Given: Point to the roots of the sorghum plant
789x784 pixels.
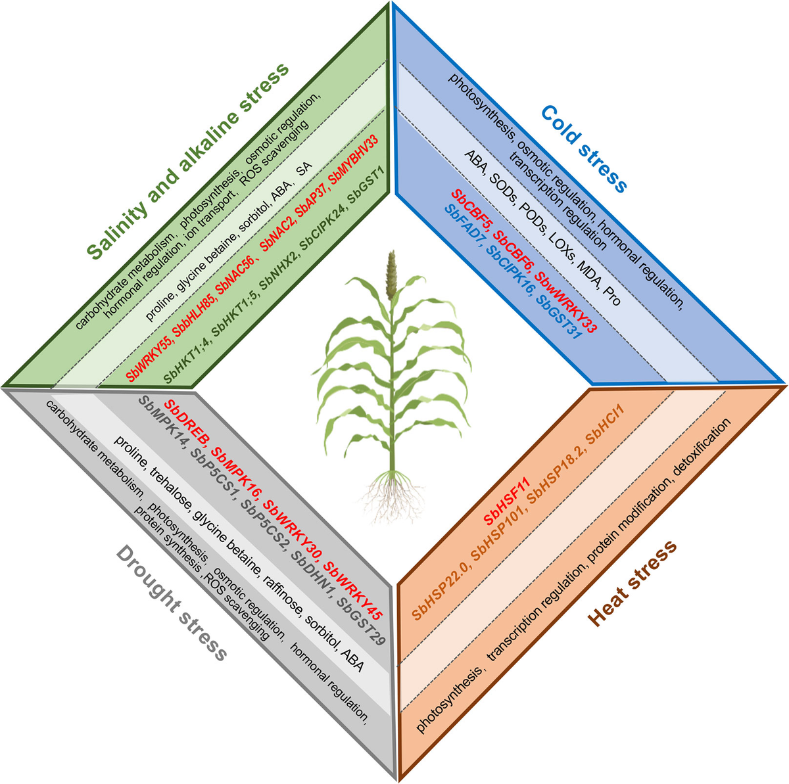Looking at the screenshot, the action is coord(392,497).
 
